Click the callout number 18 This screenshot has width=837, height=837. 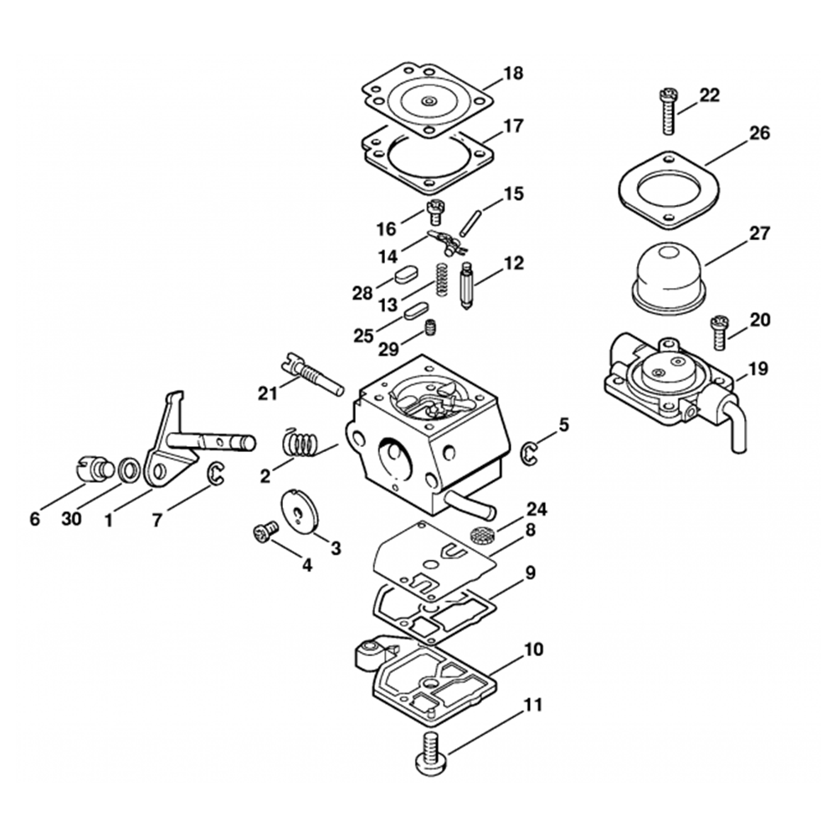click(513, 74)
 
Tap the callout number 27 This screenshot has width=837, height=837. click(759, 234)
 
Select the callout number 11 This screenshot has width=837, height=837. click(532, 705)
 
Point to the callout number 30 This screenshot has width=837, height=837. click(71, 519)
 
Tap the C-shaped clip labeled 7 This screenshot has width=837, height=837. click(215, 474)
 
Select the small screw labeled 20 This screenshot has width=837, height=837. click(719, 331)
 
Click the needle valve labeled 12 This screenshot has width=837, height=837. click(465, 285)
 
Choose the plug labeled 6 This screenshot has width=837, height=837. click(97, 466)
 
